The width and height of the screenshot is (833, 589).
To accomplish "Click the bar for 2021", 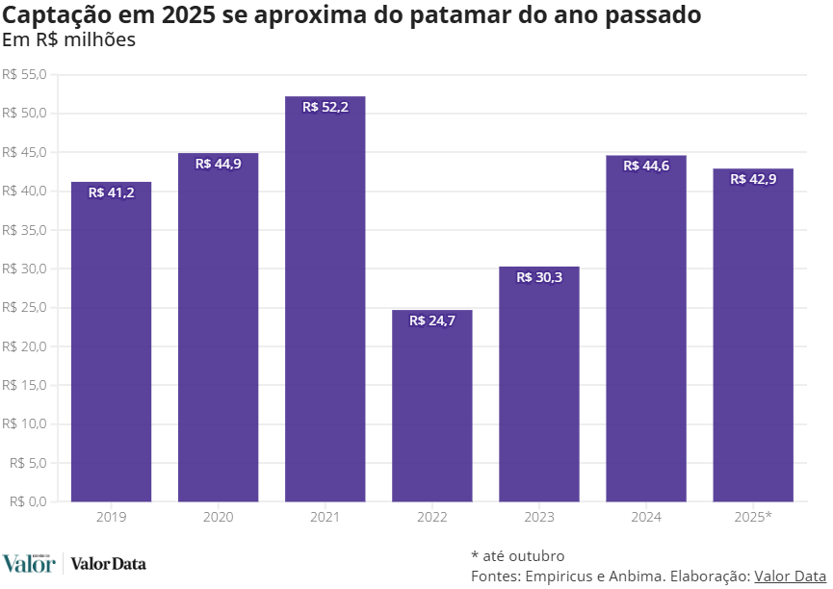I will coord(325,298).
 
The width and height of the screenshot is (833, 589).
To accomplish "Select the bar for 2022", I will coord(431,405).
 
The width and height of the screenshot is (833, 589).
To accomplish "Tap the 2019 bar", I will coord(111,342).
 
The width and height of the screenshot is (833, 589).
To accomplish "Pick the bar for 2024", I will coord(645,328).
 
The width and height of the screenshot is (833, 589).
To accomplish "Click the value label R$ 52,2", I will coord(325,107).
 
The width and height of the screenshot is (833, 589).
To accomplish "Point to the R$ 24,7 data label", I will coord(431,320).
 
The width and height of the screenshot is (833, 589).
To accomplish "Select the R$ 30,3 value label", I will coord(538,277).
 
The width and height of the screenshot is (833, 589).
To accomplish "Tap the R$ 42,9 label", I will coord(753,179).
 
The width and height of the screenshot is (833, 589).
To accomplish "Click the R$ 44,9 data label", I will coord(218,164).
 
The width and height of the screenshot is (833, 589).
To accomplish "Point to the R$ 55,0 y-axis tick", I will coord(24,75).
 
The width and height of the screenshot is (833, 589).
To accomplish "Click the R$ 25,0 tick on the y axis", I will coord(24,308).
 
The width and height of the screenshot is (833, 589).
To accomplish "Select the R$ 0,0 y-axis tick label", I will coord(28,501).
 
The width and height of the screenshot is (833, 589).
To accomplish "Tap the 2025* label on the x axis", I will coord(753,517).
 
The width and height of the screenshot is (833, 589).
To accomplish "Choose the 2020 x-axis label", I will coord(218,517).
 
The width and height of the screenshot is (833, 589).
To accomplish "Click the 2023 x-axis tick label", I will coord(538,517).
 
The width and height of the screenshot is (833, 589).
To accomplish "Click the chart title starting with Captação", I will coord(351,15).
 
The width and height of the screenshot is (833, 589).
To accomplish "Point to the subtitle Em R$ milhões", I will coord(68,40).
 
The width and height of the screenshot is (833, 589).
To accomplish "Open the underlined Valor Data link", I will coord(790,576).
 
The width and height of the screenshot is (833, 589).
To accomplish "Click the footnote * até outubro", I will coord(517,555).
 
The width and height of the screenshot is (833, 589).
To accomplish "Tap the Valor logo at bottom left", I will coord(28,563).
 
